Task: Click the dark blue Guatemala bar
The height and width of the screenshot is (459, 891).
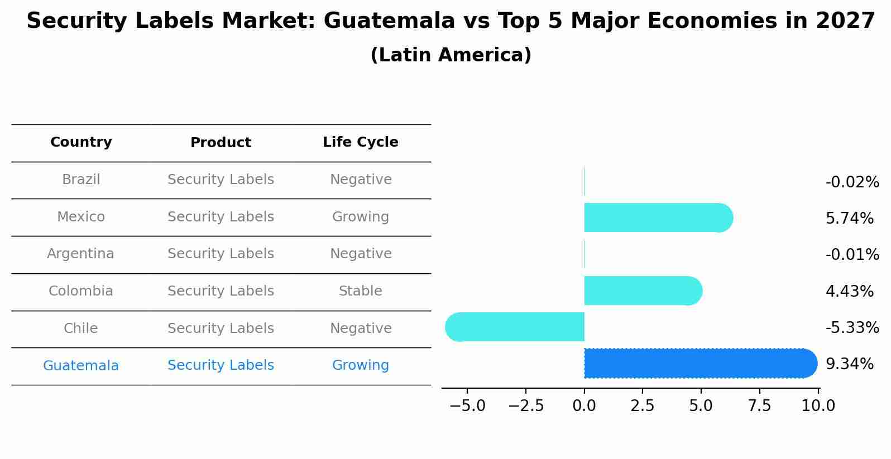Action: click(x=698, y=363)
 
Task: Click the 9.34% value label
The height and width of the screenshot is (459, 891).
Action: click(x=849, y=364)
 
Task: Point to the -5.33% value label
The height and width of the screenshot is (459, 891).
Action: click(x=852, y=327)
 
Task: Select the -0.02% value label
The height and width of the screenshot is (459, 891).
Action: click(x=852, y=182)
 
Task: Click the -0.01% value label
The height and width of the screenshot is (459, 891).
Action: click(x=852, y=255)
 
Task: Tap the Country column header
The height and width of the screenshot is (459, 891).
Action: click(x=81, y=142)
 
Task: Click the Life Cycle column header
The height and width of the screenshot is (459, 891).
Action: click(x=360, y=142)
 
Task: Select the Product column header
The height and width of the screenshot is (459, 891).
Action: click(x=221, y=143)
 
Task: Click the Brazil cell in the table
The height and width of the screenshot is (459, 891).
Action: click(x=81, y=180)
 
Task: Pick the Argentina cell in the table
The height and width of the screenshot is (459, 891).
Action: click(x=80, y=254)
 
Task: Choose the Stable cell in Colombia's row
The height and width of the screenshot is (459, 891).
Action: click(x=360, y=291)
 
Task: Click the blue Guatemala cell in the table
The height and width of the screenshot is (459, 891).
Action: click(x=81, y=366)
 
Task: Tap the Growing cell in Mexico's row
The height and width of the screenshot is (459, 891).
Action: click(x=360, y=217)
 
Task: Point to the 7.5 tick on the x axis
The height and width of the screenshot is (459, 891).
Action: click(x=759, y=406)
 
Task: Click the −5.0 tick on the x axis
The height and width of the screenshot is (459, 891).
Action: click(x=467, y=406)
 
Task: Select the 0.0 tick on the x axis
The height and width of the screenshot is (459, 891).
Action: click(x=584, y=406)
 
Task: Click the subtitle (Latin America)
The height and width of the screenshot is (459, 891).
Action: click(x=451, y=55)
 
